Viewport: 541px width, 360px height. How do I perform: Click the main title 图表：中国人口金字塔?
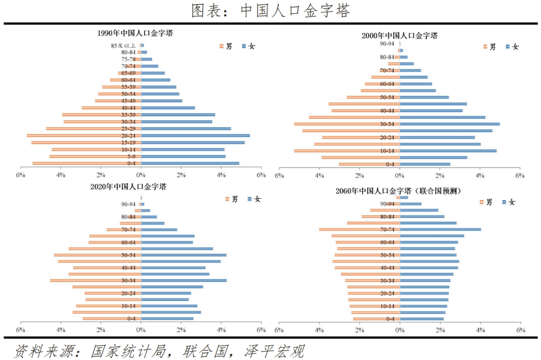270,11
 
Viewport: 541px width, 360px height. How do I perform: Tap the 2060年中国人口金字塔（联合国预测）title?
399,191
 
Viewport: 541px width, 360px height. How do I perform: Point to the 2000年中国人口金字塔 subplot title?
400,36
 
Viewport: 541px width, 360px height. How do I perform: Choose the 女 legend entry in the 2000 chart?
512,47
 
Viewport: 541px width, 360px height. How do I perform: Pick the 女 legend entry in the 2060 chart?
508,202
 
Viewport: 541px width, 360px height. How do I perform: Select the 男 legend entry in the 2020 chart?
231,199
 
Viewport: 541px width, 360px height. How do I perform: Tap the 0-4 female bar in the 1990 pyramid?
190,163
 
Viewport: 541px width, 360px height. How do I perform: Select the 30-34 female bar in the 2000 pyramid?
449,124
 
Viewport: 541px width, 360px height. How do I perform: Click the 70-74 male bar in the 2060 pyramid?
359,230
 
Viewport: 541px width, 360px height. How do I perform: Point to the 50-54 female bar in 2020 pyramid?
183,255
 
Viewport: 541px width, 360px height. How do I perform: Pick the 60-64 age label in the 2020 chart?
128,242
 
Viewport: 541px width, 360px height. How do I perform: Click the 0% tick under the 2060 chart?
399,330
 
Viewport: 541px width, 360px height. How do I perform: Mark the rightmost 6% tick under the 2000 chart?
519,176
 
